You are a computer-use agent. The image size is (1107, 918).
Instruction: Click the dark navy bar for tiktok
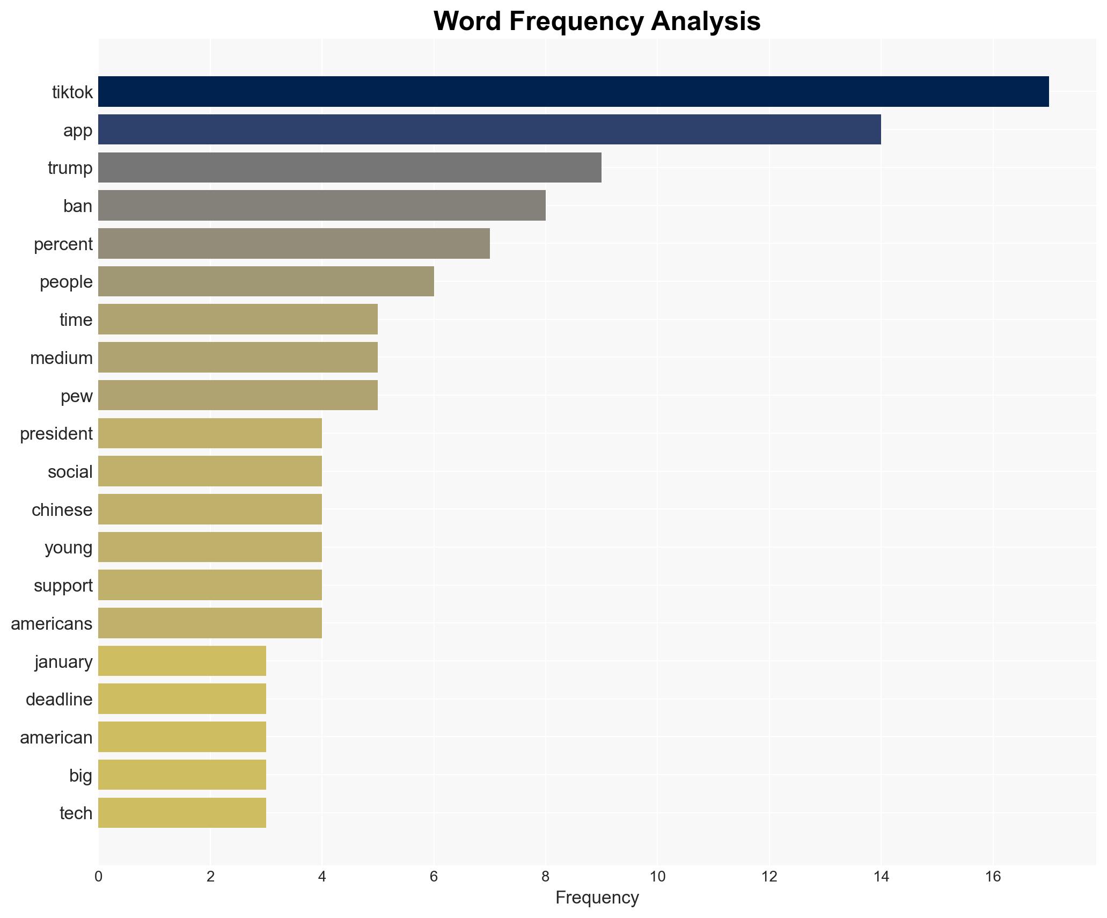click(573, 92)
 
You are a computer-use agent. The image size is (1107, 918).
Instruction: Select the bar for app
click(489, 129)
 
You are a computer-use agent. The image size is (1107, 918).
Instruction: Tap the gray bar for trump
click(349, 167)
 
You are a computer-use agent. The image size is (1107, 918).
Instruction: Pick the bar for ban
click(321, 206)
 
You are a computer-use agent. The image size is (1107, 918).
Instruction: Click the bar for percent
click(294, 244)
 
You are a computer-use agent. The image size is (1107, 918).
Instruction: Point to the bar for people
click(266, 281)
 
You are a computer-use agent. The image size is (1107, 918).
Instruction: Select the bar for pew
click(238, 395)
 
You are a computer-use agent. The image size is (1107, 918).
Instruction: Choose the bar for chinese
click(210, 509)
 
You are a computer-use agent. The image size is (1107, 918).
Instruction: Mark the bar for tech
click(182, 813)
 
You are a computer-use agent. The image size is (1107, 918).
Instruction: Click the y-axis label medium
click(61, 358)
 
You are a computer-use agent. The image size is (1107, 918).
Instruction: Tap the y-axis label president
click(56, 434)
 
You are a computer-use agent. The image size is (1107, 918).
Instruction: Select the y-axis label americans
click(52, 624)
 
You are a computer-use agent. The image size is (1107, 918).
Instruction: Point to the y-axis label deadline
click(59, 700)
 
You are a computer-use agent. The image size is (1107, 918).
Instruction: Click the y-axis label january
click(63, 662)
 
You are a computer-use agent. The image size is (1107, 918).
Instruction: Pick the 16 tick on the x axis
click(993, 877)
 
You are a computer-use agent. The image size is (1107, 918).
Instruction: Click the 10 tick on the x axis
click(657, 877)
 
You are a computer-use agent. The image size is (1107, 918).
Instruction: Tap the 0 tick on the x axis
click(98, 877)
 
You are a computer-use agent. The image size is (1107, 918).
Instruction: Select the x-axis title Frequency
click(597, 898)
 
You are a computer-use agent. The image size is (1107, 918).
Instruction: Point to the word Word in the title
click(467, 21)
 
